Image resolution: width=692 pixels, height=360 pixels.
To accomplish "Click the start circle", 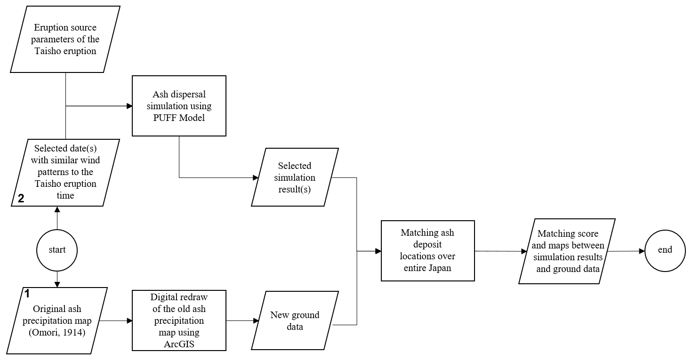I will point(57,250).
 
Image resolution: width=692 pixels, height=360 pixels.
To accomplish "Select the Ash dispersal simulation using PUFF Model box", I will point(179,106).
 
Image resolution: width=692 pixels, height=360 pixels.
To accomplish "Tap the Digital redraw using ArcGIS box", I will point(179,320).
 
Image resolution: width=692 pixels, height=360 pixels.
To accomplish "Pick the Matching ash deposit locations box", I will point(427,251).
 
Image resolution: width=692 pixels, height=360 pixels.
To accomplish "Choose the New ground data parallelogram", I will point(295,320).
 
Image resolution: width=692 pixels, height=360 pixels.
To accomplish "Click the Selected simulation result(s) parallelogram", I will point(295,177).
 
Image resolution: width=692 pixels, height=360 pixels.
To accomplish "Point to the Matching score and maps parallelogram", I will point(567,251).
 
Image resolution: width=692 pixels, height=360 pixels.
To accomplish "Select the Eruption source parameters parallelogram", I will point(65,39).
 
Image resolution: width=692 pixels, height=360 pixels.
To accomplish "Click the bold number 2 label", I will point(21,199).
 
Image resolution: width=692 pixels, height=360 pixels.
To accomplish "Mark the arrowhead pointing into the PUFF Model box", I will point(129,106).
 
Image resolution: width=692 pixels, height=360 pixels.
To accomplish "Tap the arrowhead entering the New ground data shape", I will point(256,320).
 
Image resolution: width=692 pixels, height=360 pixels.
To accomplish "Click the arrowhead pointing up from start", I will point(57,209).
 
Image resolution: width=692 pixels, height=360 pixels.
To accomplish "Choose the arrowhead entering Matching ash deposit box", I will point(378,251).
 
